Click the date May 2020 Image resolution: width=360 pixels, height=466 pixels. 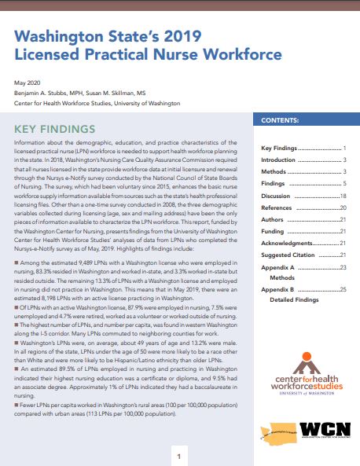[26, 83]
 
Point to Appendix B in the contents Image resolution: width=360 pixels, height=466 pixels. [279, 290]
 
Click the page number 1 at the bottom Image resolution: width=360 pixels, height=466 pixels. [179, 456]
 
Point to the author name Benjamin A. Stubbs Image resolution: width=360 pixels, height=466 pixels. [40, 92]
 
